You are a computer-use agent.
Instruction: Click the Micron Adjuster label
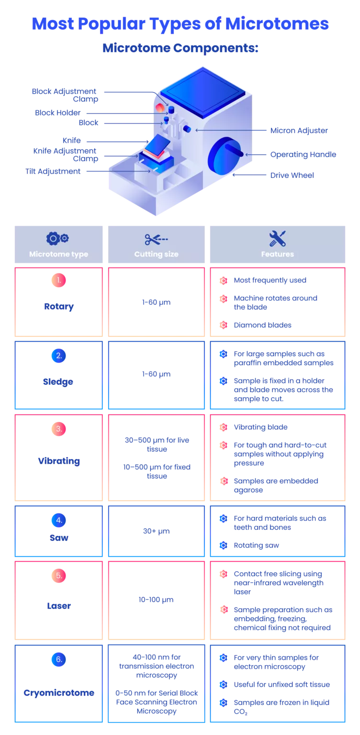[x=299, y=131]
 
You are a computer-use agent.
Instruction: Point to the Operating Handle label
[x=303, y=155]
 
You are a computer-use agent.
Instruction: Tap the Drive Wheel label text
[x=292, y=175]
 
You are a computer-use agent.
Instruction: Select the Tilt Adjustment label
[x=53, y=171]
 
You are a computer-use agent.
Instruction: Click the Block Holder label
[x=58, y=113]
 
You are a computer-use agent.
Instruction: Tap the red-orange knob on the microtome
[x=160, y=108]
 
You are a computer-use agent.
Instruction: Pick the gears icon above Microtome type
[x=57, y=239]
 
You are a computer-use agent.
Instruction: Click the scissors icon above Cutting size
[x=156, y=240]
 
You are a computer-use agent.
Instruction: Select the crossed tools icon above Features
[x=277, y=238]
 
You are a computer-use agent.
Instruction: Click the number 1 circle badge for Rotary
[x=59, y=280]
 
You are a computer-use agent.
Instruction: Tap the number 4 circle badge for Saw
[x=59, y=520]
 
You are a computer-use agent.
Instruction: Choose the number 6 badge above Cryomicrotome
[x=59, y=659]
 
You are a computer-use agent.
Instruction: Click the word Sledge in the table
[x=58, y=382]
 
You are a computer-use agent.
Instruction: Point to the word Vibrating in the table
[x=59, y=461]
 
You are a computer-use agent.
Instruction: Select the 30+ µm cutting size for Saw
[x=156, y=531]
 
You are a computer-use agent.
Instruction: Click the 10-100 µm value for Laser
[x=156, y=600]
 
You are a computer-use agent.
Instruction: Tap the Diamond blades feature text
[x=262, y=325]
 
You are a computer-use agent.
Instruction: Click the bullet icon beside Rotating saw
[x=224, y=546]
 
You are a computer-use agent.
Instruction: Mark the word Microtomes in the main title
[x=277, y=23]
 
